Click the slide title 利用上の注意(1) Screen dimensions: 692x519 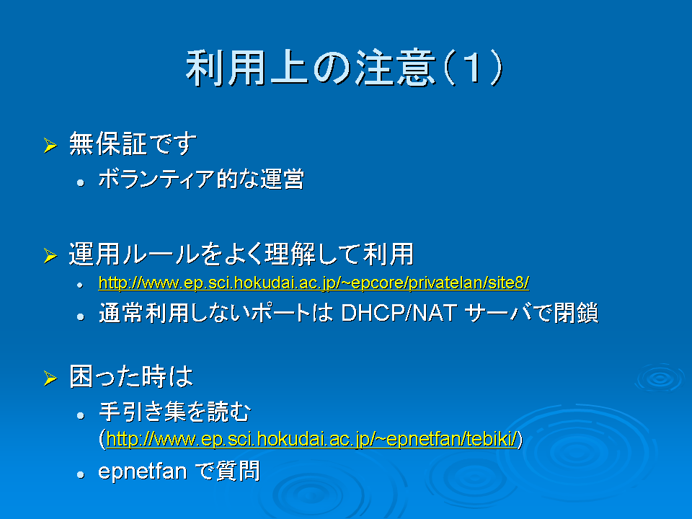[x=345, y=68]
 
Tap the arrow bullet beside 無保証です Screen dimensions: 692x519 [x=50, y=145]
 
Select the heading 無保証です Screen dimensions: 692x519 [x=133, y=144]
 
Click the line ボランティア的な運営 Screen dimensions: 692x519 [x=201, y=179]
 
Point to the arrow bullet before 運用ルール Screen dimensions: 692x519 [x=50, y=255]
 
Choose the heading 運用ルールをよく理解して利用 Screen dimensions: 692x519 [x=241, y=254]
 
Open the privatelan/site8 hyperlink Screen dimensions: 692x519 [x=314, y=283]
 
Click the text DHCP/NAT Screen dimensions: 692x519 [x=399, y=313]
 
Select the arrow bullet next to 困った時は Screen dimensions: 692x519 [x=50, y=378]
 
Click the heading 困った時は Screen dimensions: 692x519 [x=131, y=377]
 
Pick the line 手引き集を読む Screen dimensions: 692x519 [x=174, y=412]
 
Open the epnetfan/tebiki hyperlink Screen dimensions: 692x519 [x=311, y=439]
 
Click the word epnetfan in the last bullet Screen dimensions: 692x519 [x=143, y=471]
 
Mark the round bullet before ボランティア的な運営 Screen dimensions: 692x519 [x=80, y=182]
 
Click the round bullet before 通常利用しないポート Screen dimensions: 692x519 [x=80, y=316]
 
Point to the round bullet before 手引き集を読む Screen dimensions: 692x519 [x=80, y=415]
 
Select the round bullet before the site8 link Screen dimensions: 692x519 [x=80, y=285]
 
